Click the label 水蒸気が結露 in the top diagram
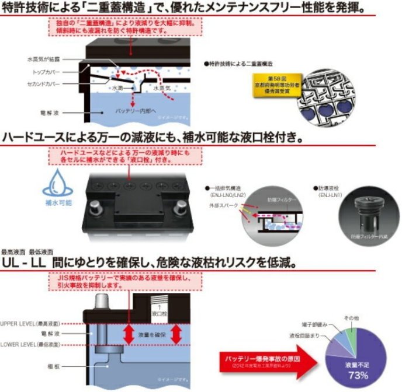(41, 60)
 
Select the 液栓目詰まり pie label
(304, 337)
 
